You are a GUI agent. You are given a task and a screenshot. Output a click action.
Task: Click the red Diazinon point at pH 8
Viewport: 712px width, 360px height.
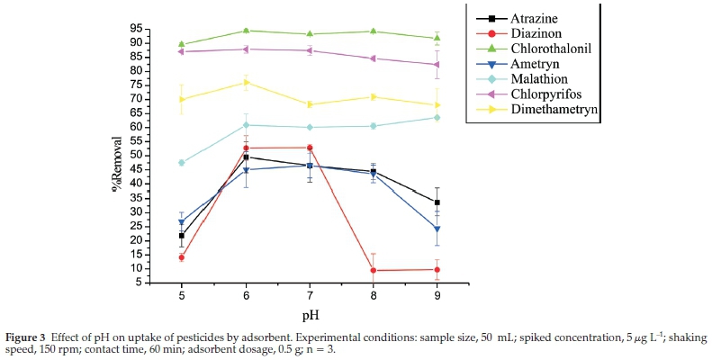point(374,270)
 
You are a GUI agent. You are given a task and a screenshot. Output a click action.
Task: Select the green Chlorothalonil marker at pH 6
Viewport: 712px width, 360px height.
point(246,31)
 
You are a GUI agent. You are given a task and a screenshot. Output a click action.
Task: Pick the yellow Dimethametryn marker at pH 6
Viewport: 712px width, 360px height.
point(246,82)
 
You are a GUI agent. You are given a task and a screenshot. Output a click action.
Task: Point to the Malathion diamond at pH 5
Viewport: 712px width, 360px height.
point(182,163)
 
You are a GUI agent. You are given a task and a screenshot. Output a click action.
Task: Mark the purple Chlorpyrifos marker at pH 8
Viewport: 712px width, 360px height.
point(374,58)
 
